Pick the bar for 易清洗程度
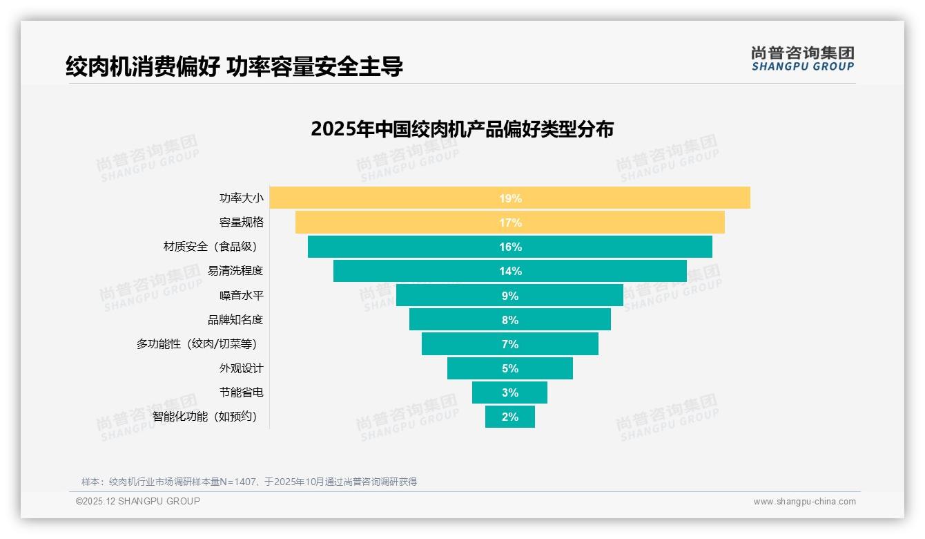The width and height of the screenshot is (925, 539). (x=414, y=271)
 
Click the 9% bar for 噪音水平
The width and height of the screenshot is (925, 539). (x=449, y=296)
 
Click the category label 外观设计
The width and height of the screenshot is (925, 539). (x=241, y=368)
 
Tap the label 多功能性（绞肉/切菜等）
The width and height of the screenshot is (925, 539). (x=200, y=344)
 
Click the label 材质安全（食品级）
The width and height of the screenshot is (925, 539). (x=213, y=247)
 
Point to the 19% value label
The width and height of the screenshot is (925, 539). (x=510, y=198)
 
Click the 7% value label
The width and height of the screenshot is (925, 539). (x=510, y=344)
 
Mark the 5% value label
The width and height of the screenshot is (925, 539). (x=510, y=368)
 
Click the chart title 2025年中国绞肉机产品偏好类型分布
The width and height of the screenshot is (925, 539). (x=462, y=129)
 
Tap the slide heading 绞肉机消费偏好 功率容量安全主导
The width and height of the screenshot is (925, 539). (x=234, y=66)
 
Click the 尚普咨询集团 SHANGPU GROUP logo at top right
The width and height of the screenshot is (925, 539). (x=802, y=58)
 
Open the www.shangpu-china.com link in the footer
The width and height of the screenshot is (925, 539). (x=804, y=502)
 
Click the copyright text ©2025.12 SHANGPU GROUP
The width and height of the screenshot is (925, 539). (x=138, y=501)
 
